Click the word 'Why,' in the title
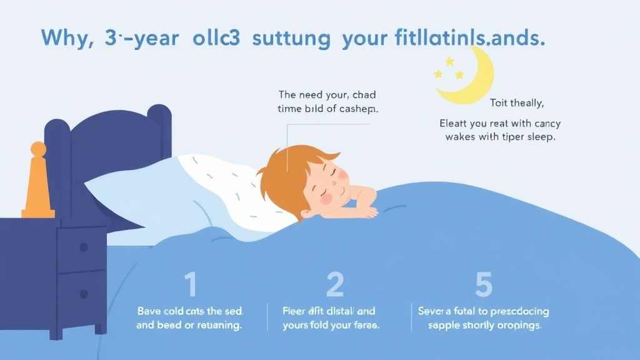click(67, 38)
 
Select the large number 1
click(191, 284)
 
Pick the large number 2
click(336, 284)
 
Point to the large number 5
click(483, 284)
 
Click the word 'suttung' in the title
click(291, 38)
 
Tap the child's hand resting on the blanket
click(364, 210)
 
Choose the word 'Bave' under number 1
click(149, 311)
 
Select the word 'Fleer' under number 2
click(295, 311)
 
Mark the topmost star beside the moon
click(449, 61)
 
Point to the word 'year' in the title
click(152, 38)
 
